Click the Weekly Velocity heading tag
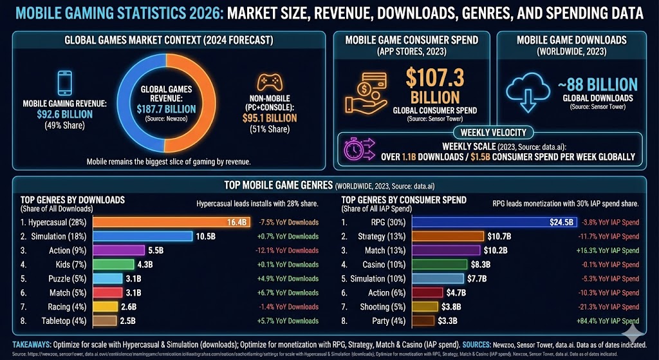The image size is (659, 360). coord(494,132)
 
